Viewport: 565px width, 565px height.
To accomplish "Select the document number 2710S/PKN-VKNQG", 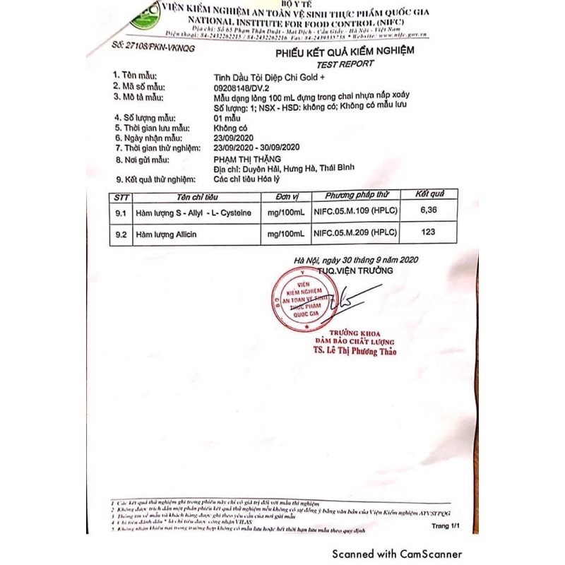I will click(x=153, y=48).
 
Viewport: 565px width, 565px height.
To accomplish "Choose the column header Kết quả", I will click(x=429, y=194).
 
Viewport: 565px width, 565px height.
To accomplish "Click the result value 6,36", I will click(x=429, y=210).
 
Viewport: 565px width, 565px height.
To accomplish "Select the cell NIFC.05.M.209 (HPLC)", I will click(x=354, y=232).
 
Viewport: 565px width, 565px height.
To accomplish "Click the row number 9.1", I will click(x=120, y=213).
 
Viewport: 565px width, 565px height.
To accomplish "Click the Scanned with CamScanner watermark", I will click(x=398, y=554).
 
